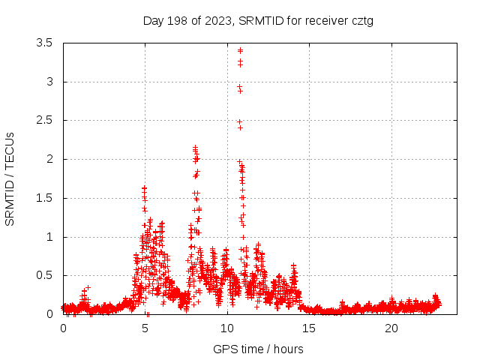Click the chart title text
point(258,20)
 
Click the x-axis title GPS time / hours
point(258,349)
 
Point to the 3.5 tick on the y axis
point(44,43)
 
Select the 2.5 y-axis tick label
point(44,120)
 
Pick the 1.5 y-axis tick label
point(44,198)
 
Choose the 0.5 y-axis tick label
point(44,275)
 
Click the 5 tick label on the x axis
point(145,328)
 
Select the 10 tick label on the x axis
point(227,328)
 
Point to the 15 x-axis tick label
point(310,328)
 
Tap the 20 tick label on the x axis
point(391,328)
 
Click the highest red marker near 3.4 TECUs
point(240,50)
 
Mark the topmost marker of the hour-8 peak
point(195,148)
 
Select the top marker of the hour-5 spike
point(144,187)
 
